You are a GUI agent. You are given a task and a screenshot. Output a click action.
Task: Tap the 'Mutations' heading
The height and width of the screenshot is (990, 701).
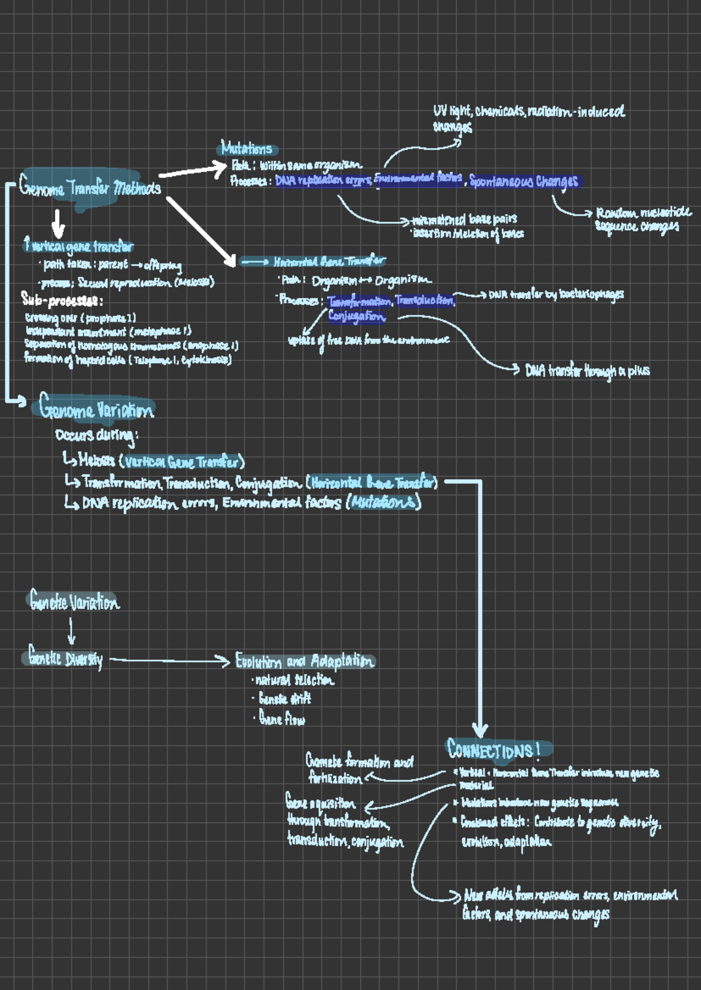246,148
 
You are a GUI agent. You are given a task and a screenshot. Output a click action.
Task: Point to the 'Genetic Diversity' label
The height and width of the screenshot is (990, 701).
65,659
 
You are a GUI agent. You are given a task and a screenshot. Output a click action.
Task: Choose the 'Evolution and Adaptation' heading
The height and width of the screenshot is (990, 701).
304,661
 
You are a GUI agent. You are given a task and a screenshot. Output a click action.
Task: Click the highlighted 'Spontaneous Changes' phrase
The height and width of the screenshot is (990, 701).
523,182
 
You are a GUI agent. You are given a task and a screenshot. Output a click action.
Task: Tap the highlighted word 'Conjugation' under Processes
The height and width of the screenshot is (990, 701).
356,317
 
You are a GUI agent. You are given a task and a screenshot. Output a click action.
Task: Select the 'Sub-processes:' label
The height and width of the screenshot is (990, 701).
62,301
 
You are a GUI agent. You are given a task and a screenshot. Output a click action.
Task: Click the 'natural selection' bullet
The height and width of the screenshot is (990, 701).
294,680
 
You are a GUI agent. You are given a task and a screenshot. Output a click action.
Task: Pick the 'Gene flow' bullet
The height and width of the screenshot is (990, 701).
282,719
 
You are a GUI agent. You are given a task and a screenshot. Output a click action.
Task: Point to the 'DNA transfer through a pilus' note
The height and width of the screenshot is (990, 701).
587,371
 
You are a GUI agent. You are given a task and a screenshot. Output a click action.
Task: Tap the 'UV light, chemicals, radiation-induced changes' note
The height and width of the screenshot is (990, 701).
528,117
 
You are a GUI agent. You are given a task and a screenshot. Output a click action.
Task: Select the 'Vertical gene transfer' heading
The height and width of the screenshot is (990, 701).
79,246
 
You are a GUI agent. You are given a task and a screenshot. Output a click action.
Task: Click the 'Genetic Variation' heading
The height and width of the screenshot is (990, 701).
74,601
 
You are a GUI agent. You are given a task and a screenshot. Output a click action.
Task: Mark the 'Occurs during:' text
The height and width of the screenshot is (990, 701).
96,435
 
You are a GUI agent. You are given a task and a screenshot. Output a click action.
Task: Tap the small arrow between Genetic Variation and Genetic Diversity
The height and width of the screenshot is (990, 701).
71,630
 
